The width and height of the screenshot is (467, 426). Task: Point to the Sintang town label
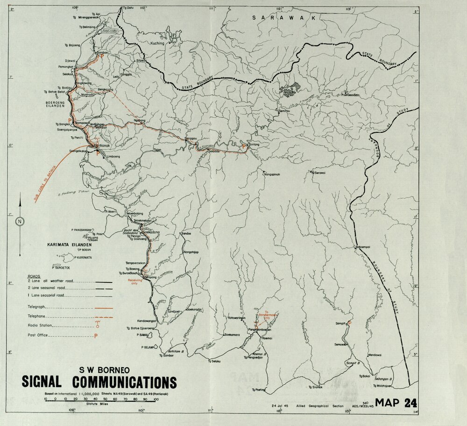point(254,145)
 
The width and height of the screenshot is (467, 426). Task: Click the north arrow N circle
point(20,222)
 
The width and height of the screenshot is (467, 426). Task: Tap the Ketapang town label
point(150,277)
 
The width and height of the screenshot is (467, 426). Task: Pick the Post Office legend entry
point(38,336)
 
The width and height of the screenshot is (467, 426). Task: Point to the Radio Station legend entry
point(40,325)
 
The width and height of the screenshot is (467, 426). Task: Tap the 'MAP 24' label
point(396,403)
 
